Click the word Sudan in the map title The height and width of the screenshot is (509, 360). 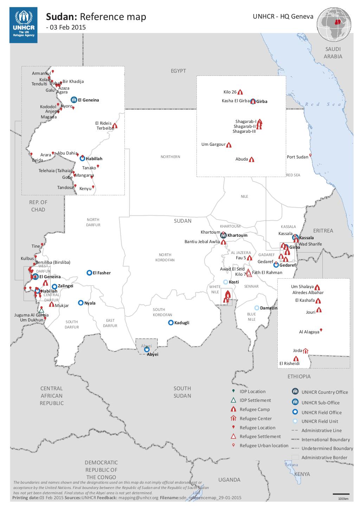(x=62, y=17)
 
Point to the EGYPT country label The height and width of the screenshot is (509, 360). (x=178, y=71)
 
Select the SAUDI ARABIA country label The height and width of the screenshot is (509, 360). (x=333, y=53)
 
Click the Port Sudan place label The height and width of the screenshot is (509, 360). (x=297, y=157)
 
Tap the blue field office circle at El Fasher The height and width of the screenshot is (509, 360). (x=90, y=273)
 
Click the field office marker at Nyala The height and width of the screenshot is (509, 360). (x=81, y=302)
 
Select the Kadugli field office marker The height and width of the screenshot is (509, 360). (x=171, y=322)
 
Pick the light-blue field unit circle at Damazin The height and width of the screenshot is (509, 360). (x=257, y=308)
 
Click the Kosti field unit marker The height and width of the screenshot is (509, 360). (x=226, y=282)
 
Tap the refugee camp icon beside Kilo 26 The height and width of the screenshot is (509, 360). (x=240, y=92)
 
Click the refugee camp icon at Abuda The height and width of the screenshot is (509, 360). (x=251, y=159)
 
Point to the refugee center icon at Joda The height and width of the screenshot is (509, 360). (x=306, y=351)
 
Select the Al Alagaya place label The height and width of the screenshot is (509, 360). (x=309, y=332)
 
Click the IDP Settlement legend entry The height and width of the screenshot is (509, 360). (x=255, y=400)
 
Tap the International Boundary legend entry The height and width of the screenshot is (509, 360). (x=325, y=439)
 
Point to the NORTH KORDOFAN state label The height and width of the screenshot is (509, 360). (x=165, y=257)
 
